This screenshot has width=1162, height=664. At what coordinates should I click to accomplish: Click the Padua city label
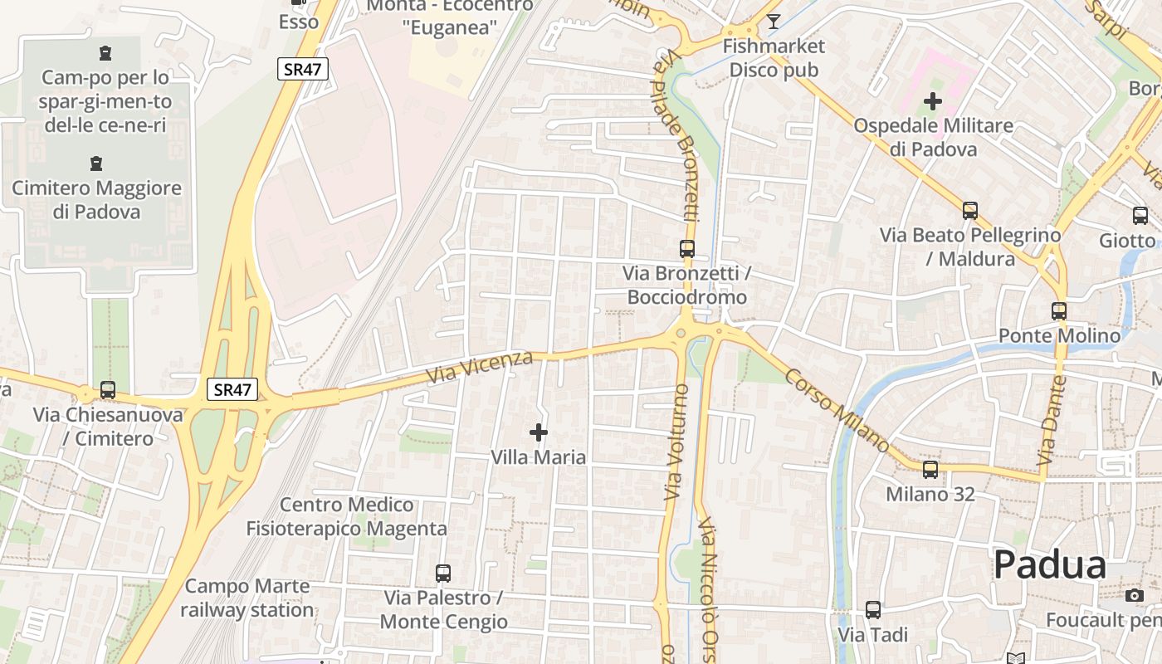(x=1049, y=565)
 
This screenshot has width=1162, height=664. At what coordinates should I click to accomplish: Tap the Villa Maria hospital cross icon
(x=539, y=432)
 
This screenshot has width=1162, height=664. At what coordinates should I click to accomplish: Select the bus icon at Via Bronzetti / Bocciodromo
(x=687, y=248)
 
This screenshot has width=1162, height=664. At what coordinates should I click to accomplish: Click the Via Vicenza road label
(x=479, y=367)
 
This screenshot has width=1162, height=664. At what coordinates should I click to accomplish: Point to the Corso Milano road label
(x=837, y=411)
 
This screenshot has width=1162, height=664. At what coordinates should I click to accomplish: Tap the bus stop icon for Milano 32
(x=930, y=469)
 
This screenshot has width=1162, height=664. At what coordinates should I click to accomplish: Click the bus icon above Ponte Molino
(x=1059, y=311)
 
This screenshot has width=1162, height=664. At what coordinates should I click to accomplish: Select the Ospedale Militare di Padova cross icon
(x=933, y=101)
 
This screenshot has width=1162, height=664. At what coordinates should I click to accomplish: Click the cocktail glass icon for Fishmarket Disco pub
(x=774, y=21)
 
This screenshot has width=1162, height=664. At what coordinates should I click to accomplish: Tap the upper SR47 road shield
(x=302, y=70)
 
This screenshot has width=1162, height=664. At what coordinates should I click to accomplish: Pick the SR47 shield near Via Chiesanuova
(x=232, y=389)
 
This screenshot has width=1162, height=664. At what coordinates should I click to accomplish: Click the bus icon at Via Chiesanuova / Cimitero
(x=108, y=389)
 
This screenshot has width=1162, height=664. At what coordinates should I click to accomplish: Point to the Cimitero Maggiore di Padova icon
(x=96, y=164)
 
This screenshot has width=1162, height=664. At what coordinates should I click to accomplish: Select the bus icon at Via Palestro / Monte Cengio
(x=443, y=573)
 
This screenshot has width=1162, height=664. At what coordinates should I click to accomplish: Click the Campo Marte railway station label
(x=247, y=598)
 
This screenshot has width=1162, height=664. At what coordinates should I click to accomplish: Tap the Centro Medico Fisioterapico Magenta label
(x=346, y=516)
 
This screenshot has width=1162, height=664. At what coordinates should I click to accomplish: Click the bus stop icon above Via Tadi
(x=873, y=610)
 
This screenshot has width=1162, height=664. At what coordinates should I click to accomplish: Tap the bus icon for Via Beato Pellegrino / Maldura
(x=970, y=210)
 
